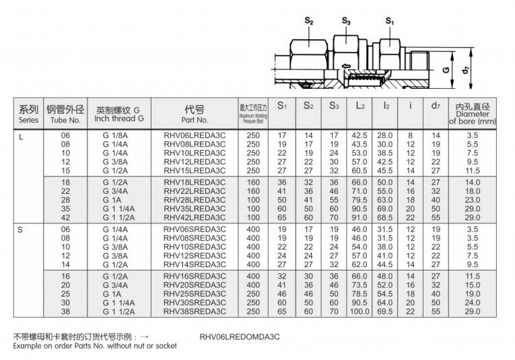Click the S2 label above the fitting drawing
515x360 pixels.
coord(309,22)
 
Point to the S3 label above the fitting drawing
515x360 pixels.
coord(346,22)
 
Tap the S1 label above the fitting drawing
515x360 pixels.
coord(389,22)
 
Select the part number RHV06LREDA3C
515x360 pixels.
coord(195,136)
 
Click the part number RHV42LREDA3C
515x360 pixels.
coord(195,217)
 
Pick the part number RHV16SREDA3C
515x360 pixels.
coord(195,277)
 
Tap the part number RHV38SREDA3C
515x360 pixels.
coord(195,312)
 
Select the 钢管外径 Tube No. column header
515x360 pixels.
coord(65,113)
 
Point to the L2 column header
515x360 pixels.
coord(359,106)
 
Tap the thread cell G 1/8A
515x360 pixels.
coord(115,136)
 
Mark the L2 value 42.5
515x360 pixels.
coord(359,136)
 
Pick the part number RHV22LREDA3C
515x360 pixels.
coord(195,190)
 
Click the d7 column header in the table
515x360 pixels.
coord(435,106)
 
